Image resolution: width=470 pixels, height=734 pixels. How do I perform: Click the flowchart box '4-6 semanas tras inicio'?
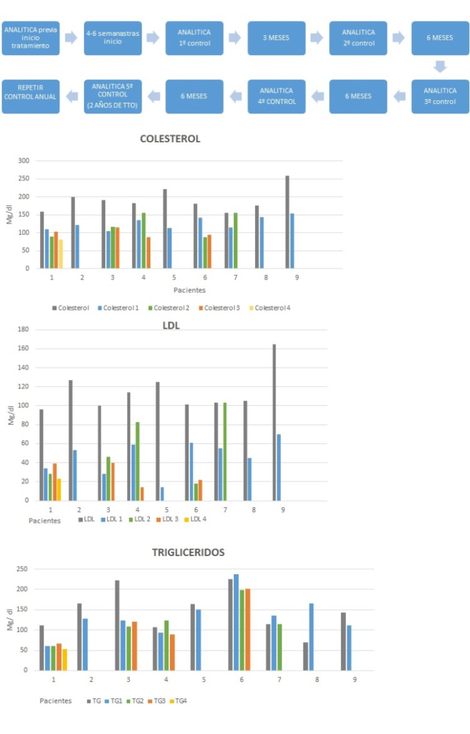[112, 38]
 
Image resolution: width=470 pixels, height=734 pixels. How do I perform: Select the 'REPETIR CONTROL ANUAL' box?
[31, 96]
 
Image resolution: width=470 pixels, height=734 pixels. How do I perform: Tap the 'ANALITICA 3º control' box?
[440, 96]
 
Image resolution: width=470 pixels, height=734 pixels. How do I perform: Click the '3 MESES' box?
[276, 38]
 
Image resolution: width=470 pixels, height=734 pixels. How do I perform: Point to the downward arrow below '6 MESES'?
[440, 67]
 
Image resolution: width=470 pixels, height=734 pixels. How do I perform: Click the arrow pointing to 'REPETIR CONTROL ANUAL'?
[71, 96]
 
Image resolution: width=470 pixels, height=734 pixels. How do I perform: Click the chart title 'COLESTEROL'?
[170, 139]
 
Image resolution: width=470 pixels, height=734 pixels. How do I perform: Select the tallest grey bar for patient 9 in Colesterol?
[287, 222]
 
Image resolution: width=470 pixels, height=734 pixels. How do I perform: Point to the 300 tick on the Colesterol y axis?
[24, 160]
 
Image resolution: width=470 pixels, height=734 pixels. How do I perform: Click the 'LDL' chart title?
[170, 325]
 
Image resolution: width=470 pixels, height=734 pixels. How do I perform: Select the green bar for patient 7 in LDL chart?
[225, 451]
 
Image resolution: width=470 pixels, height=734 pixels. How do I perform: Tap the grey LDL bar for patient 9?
[274, 422]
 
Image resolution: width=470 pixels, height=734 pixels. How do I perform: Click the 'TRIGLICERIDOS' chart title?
[188, 553]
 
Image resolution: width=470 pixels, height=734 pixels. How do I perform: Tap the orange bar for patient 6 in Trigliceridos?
[247, 629]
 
